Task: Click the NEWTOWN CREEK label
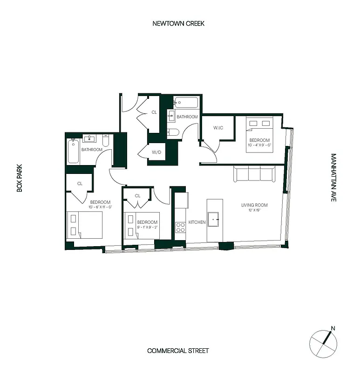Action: coord(178,23)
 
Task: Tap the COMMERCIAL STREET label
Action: coord(178,351)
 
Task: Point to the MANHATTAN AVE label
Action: coord(333,178)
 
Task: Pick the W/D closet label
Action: coord(156,152)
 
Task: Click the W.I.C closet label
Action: coord(219,128)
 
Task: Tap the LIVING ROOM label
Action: coord(254,205)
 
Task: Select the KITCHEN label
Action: coord(197,222)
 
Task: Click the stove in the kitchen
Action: coord(180,228)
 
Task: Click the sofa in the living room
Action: coord(254,174)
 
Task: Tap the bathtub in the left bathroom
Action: coord(73,152)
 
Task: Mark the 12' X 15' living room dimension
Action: coord(254,211)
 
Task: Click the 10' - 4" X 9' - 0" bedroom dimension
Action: coord(259,145)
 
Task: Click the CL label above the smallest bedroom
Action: coord(137,196)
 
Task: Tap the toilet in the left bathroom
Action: coord(106,140)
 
